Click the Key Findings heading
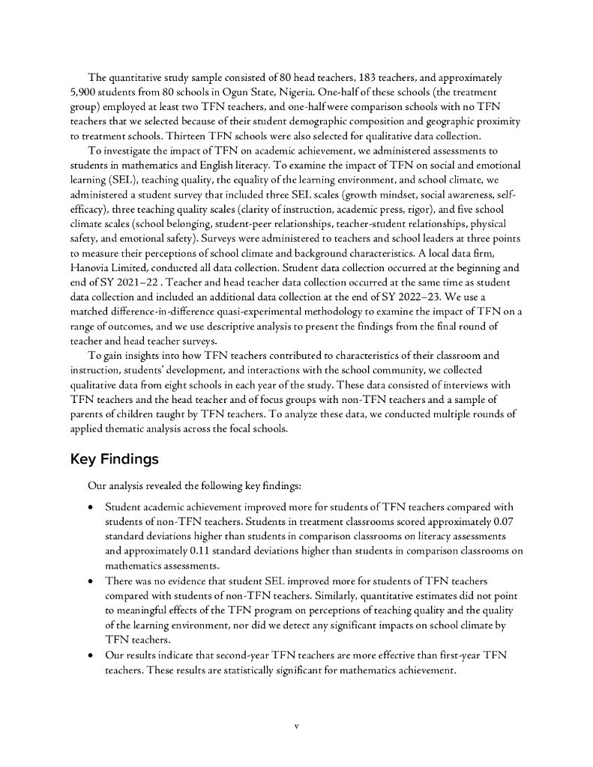(x=115, y=458)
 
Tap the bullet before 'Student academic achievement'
(x=91, y=507)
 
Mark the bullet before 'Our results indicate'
(x=91, y=655)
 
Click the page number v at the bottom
(x=296, y=726)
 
